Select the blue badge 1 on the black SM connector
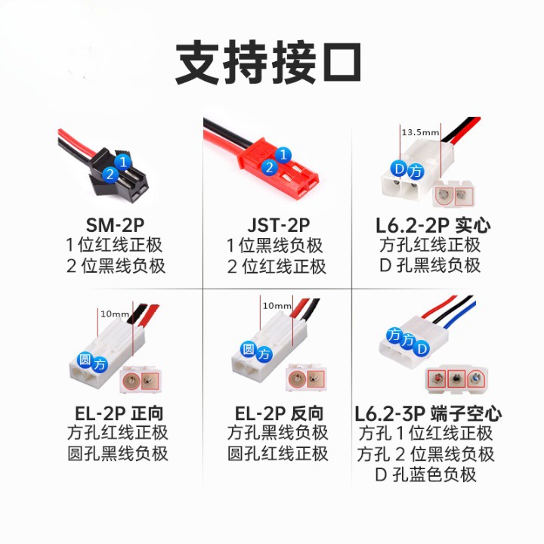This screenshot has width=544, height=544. [x=125, y=161]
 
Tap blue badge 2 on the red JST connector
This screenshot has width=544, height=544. [x=269, y=168]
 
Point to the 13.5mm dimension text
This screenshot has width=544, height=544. [x=420, y=132]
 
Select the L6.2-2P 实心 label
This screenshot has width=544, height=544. [x=429, y=225]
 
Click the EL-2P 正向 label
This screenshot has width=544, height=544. [x=115, y=413]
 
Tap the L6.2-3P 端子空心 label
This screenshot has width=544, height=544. [x=428, y=413]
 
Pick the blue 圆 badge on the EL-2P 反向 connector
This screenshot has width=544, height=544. [x=247, y=348]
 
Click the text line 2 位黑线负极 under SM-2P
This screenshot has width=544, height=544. [x=115, y=266]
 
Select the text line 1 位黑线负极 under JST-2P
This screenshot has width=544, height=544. [x=276, y=246]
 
